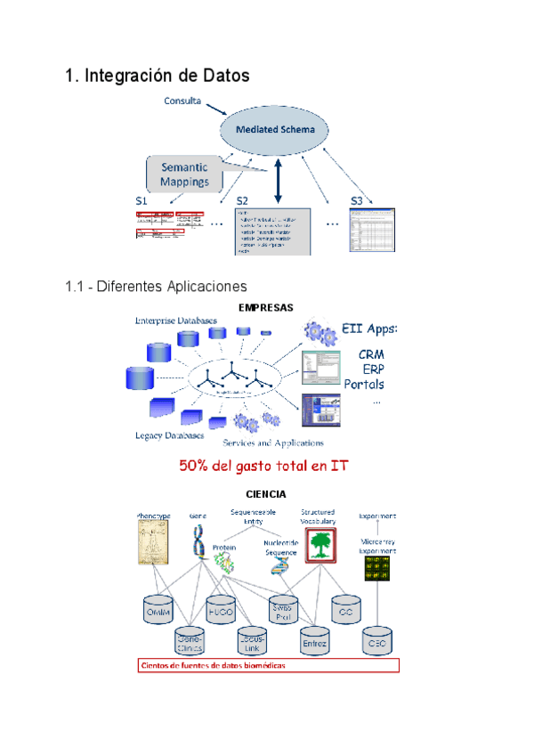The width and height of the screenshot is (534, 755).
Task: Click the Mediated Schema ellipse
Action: click(275, 130)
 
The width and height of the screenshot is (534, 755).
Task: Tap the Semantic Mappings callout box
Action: click(184, 174)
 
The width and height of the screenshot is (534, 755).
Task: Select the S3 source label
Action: click(357, 201)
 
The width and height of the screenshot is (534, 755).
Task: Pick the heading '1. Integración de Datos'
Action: click(158, 77)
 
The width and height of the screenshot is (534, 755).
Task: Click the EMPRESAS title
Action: click(265, 307)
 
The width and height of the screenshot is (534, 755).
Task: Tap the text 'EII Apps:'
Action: click(369, 329)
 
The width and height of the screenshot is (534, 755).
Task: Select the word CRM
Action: click(371, 353)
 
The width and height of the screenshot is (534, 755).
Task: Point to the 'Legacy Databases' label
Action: click(169, 435)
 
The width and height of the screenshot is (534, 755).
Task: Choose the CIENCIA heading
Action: click(265, 493)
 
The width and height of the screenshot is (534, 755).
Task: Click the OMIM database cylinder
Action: click(158, 610)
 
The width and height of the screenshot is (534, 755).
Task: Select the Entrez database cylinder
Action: click(315, 639)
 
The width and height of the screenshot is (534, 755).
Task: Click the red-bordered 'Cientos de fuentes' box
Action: click(268, 665)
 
